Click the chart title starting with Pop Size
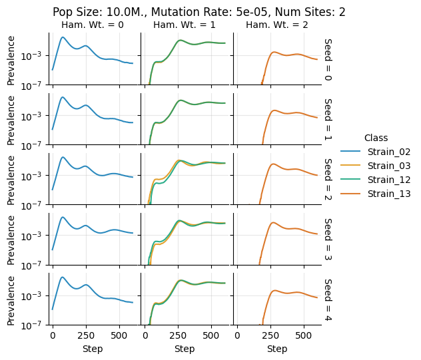[x=199, y=12]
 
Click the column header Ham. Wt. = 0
[x=93, y=25]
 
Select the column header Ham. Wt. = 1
[x=185, y=25]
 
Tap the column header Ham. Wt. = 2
[x=276, y=25]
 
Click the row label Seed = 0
[x=328, y=59]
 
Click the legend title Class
[x=376, y=138]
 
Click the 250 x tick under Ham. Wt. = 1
[x=179, y=337]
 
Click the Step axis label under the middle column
[x=185, y=349]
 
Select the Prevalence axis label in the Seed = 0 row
[x=11, y=59]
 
